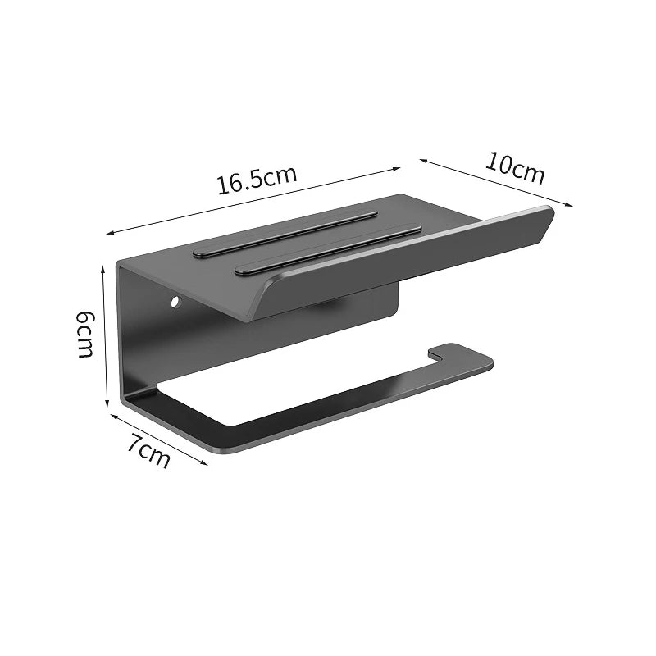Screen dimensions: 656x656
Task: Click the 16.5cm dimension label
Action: coord(257,180)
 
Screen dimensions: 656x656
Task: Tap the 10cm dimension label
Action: coord(516,168)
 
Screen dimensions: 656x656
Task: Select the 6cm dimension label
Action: coord(85,334)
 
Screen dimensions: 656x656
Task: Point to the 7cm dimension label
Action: coord(149,451)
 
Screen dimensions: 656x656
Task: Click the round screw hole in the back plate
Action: coord(175,301)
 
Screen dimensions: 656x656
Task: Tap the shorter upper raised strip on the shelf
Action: coord(285,233)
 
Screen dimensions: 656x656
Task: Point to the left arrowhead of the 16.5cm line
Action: coord(111,232)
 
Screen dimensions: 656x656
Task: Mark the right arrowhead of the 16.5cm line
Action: coord(396,169)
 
